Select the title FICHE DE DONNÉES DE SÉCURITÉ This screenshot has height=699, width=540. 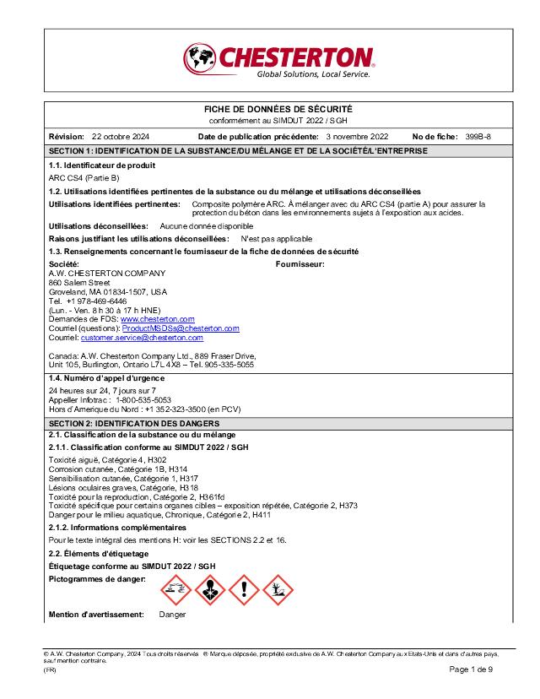[x=278, y=110]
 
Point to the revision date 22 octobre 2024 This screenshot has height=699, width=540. [x=120, y=136]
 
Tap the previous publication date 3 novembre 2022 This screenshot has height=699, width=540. [x=356, y=136]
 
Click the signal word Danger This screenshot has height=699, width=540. [x=172, y=615]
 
